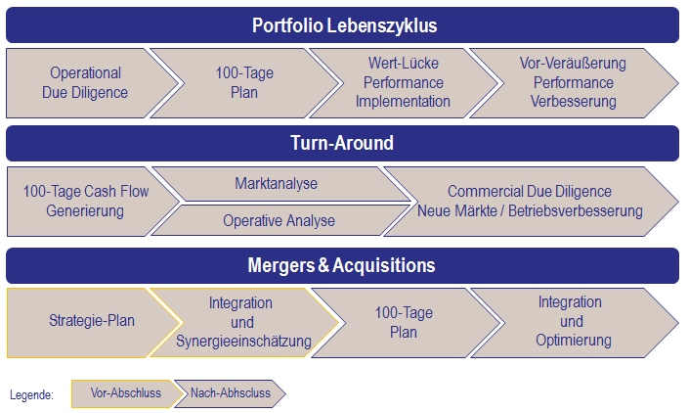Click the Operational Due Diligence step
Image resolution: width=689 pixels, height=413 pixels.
(x=85, y=83)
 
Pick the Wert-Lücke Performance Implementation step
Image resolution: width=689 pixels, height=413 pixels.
(x=403, y=83)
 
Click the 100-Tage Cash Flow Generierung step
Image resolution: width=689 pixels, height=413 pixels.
(x=86, y=201)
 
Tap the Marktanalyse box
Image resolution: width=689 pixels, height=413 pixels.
(x=277, y=184)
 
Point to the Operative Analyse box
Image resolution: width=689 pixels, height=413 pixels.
(x=279, y=220)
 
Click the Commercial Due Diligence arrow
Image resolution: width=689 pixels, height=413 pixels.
(x=530, y=201)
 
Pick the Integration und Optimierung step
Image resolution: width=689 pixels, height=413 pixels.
(x=573, y=321)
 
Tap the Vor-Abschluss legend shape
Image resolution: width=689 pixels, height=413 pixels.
(x=125, y=393)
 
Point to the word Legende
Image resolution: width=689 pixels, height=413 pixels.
(x=31, y=394)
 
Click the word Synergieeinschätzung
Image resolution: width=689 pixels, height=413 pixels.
(x=243, y=341)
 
